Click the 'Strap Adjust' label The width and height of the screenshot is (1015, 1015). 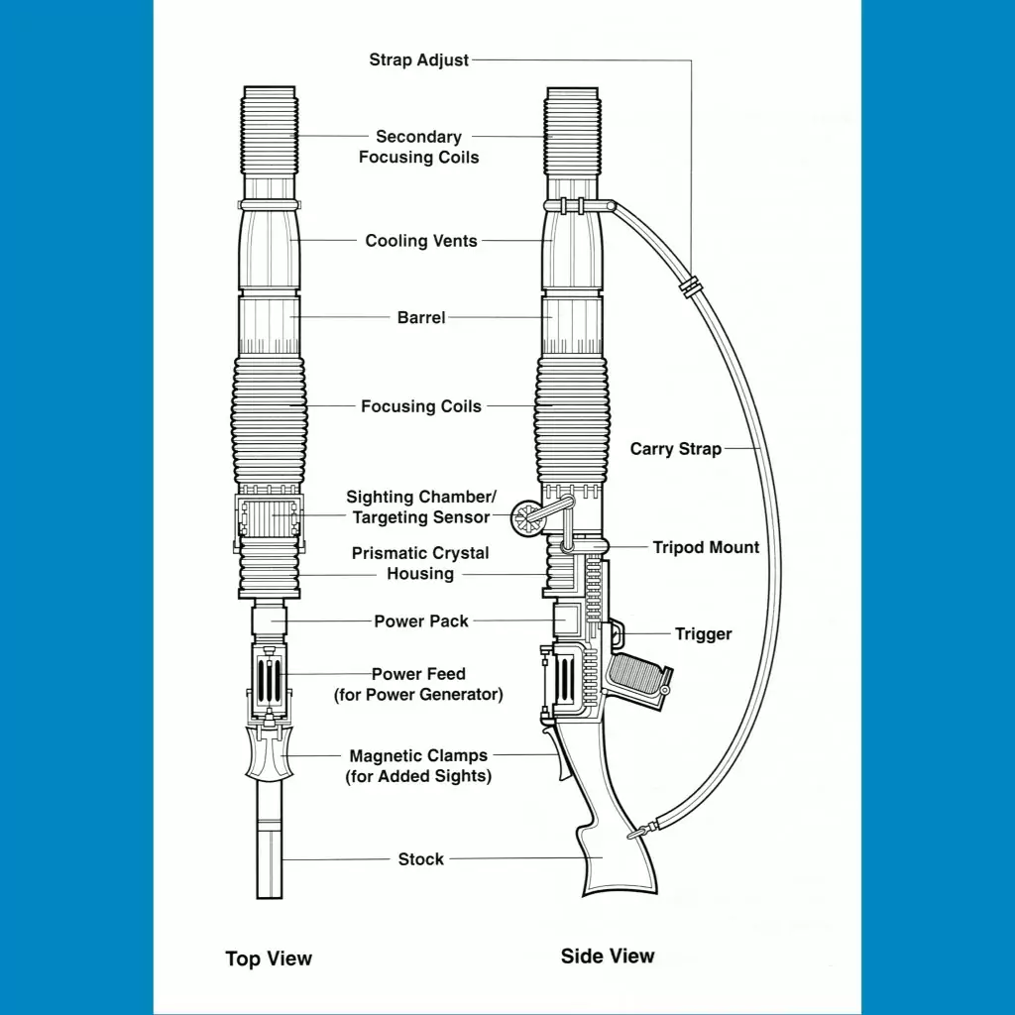point(419,60)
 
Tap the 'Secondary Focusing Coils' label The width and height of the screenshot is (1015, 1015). point(418,147)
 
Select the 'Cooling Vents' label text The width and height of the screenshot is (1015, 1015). point(421,241)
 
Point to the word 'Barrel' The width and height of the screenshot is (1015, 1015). point(421,318)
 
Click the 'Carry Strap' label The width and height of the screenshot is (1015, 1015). point(676,449)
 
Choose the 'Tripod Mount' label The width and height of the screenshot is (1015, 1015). point(706,547)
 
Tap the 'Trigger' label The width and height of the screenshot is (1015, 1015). point(703,634)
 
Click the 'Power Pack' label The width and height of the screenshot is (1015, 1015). point(421,621)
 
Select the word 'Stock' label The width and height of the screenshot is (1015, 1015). point(421,859)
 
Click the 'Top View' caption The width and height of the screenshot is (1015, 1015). point(269,959)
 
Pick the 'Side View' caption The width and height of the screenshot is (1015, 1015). point(608,957)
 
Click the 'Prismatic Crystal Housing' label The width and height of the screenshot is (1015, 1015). point(420,563)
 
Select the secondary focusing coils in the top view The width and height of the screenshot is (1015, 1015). point(270,133)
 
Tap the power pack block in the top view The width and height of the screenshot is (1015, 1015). point(269,621)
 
